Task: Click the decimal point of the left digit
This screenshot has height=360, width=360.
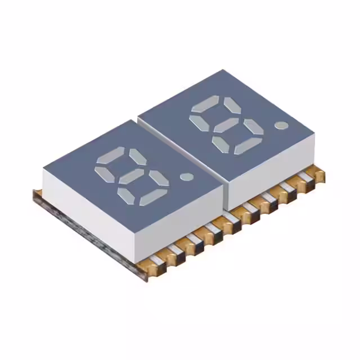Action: click(x=186, y=177)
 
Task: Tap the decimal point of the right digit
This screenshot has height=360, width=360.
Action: click(x=280, y=124)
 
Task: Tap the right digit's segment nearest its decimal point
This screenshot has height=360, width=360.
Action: click(x=253, y=128)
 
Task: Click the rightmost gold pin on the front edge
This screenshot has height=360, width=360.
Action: click(x=319, y=176)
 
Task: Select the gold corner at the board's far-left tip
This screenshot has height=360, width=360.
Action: click(x=37, y=195)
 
